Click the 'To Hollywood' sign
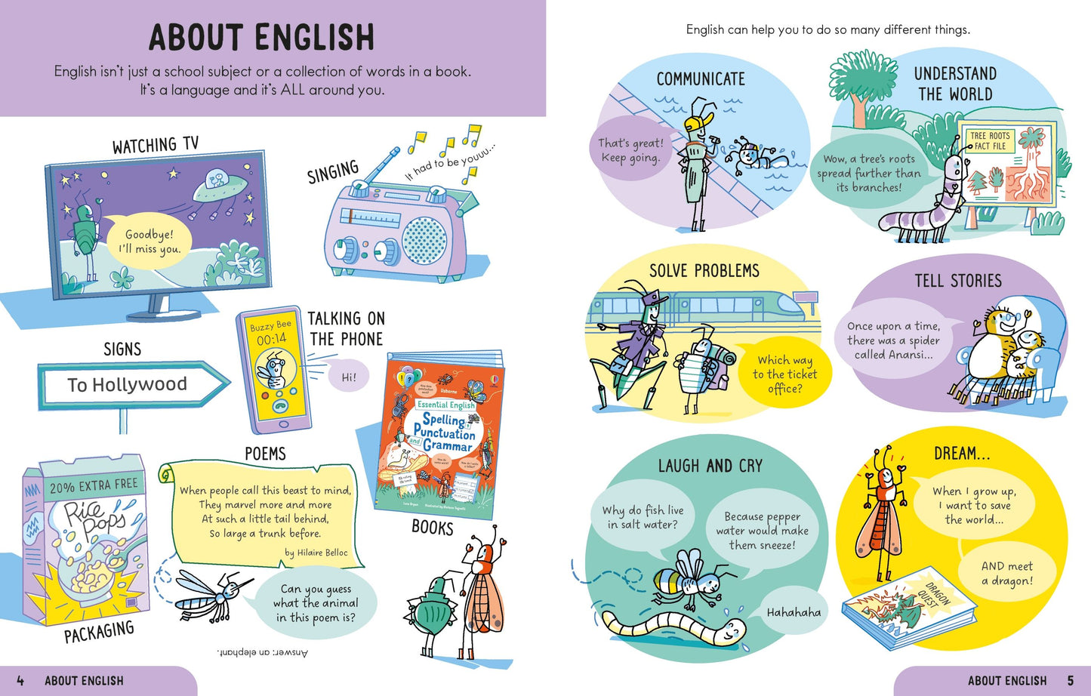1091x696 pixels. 128,385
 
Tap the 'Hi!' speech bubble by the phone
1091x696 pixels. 347,377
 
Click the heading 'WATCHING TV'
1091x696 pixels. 156,145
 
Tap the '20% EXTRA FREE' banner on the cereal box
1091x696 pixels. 94,485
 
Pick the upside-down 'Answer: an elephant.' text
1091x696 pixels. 262,652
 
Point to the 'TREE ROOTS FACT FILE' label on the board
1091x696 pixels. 990,141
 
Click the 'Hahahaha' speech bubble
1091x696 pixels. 793,612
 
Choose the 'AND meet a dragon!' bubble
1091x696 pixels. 1006,574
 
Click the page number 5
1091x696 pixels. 1070,681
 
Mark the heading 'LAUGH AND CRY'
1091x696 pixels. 710,466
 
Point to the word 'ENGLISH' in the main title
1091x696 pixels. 314,38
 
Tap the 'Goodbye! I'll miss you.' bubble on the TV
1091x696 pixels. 149,242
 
